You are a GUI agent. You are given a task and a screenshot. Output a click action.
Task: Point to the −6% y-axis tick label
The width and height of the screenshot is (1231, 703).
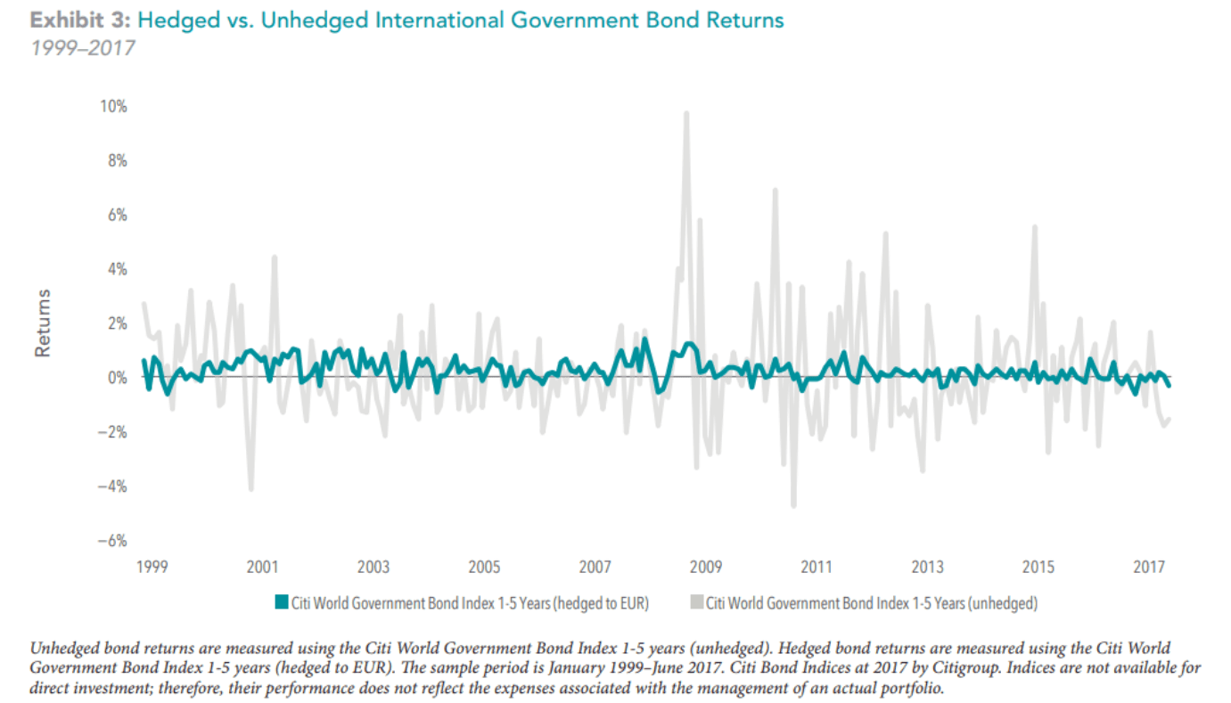[x=113, y=541]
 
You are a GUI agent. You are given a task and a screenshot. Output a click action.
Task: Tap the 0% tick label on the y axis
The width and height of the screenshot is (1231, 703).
[x=118, y=378]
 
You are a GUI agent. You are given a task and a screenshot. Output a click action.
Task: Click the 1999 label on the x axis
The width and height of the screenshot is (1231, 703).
[x=152, y=567]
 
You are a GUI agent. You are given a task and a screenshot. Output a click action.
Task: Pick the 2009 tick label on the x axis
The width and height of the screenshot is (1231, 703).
[x=706, y=567]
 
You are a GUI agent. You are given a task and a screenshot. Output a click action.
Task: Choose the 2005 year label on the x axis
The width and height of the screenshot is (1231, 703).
[x=484, y=567]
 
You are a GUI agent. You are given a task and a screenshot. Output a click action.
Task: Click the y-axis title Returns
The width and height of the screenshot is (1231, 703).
[x=42, y=323]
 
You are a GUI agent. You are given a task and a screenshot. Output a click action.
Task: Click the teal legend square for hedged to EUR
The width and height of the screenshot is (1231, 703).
[x=282, y=603]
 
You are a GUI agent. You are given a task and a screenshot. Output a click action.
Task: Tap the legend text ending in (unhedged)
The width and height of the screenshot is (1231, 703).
[x=872, y=603]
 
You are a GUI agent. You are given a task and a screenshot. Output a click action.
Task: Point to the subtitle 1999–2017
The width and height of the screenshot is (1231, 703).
[x=82, y=47]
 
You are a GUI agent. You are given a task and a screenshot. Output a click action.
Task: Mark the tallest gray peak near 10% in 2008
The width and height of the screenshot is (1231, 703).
[x=685, y=113]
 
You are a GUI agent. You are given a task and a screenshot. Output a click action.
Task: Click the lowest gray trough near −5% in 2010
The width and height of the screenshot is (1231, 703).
[x=793, y=505]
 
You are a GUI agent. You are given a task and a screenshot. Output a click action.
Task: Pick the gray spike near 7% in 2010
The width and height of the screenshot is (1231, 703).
[x=775, y=190]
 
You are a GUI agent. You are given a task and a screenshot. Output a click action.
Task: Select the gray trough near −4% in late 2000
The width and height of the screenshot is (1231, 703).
[x=251, y=488]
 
